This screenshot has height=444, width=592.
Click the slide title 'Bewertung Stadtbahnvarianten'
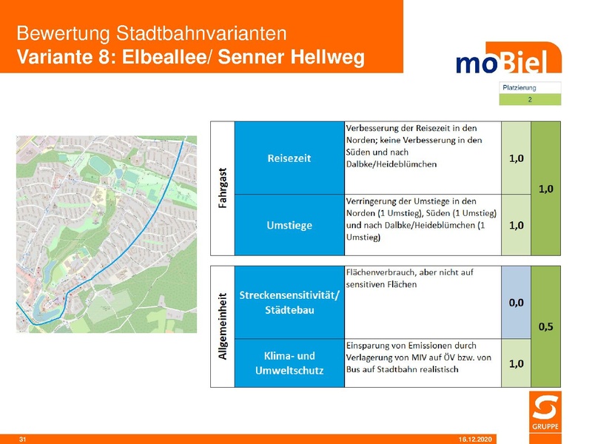coord(151,34)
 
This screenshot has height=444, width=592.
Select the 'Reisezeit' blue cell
coord(289,158)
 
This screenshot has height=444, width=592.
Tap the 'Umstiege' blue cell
coord(289,225)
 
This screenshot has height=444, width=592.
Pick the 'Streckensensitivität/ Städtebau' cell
coord(289,302)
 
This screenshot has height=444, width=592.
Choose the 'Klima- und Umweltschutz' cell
coord(289,363)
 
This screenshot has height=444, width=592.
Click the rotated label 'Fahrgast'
coord(222,188)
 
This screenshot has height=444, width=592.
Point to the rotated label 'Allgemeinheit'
coord(222,326)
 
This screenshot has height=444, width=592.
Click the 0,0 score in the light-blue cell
coord(516,302)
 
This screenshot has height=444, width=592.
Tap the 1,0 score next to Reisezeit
coord(516,158)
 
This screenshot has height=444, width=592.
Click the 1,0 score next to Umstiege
coord(516,225)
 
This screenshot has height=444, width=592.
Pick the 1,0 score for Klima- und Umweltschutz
coord(516,363)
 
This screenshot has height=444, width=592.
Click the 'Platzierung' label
coord(519,87)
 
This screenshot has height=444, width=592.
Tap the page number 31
coord(22,440)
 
